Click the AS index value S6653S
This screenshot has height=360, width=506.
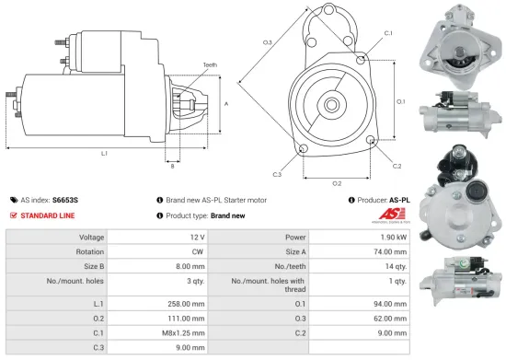[65, 199]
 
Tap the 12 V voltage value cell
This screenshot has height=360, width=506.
[193, 237]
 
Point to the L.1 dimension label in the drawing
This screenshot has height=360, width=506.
[104, 153]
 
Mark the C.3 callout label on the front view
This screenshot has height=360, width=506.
[277, 173]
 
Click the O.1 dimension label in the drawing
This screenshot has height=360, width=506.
[400, 101]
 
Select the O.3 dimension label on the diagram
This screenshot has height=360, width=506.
[268, 42]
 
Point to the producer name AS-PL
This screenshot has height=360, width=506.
[399, 199]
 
